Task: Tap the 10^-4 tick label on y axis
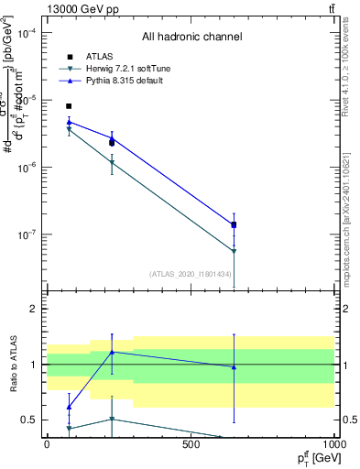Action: coord(27,33)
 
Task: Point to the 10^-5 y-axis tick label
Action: coord(27,100)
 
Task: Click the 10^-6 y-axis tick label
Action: coord(27,168)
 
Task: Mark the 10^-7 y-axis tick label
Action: coord(27,234)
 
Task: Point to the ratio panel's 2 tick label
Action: coord(34,310)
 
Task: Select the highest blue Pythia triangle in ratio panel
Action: coord(112,352)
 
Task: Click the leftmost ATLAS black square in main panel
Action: coord(69,106)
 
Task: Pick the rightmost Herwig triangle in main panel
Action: coord(234,251)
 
